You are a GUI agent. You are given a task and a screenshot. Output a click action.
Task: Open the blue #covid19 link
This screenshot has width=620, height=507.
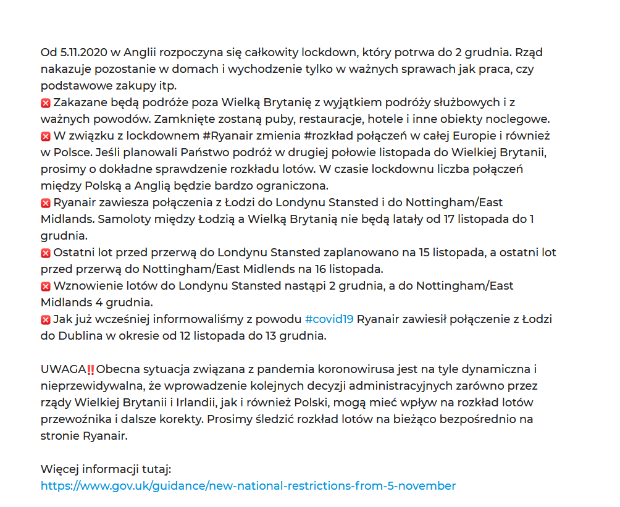329,319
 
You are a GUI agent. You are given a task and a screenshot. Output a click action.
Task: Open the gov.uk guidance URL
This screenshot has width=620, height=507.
248,486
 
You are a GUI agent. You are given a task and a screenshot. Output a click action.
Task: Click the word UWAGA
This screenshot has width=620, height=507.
63,369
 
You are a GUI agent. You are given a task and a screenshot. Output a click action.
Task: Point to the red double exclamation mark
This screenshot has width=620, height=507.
90,369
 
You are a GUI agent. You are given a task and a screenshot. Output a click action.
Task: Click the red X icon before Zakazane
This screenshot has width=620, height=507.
46,103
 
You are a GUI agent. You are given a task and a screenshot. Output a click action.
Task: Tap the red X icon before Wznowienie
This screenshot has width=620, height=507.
46,287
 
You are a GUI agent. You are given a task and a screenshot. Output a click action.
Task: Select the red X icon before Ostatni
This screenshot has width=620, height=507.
46,253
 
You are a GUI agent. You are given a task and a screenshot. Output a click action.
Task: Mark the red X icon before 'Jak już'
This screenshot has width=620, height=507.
46,320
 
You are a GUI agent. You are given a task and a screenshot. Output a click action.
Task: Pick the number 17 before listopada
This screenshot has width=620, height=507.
445,219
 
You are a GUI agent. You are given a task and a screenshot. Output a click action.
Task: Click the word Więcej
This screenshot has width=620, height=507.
59,469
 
